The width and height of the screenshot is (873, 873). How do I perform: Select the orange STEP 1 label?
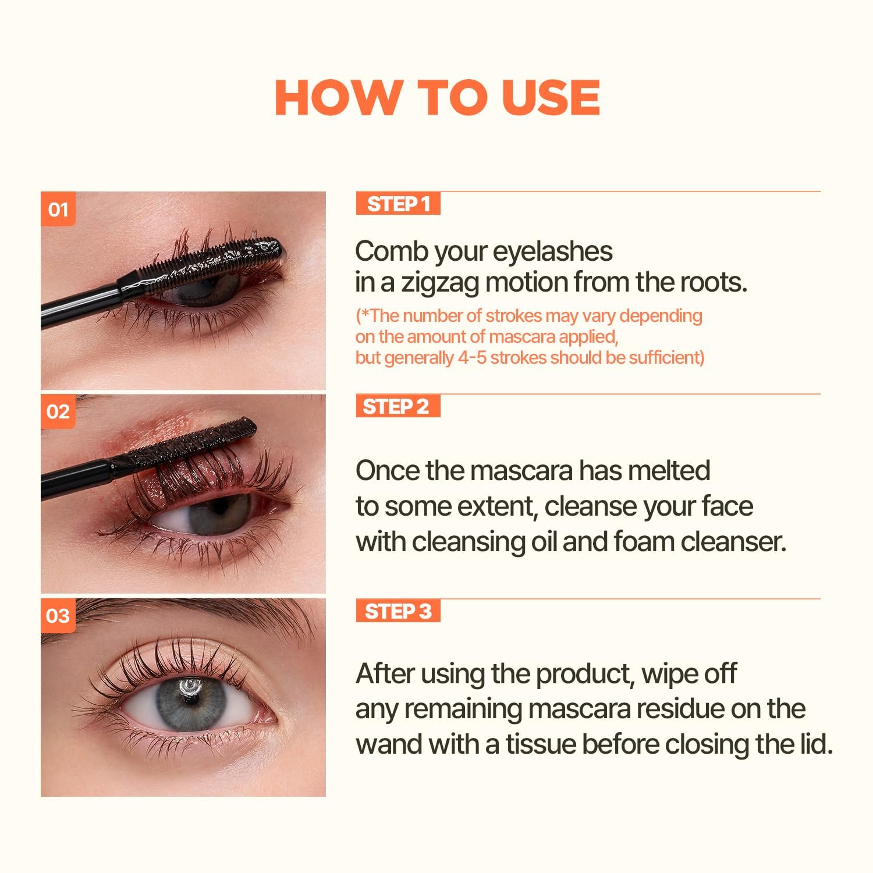398,204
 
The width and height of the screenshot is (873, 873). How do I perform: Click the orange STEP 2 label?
398,406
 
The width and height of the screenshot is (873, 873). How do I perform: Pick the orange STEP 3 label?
398,611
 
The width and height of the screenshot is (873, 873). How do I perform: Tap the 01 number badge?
58,209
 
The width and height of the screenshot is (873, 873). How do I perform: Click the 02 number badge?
58,411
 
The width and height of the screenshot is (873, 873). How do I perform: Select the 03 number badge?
58,615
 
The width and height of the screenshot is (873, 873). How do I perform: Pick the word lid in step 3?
816,744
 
